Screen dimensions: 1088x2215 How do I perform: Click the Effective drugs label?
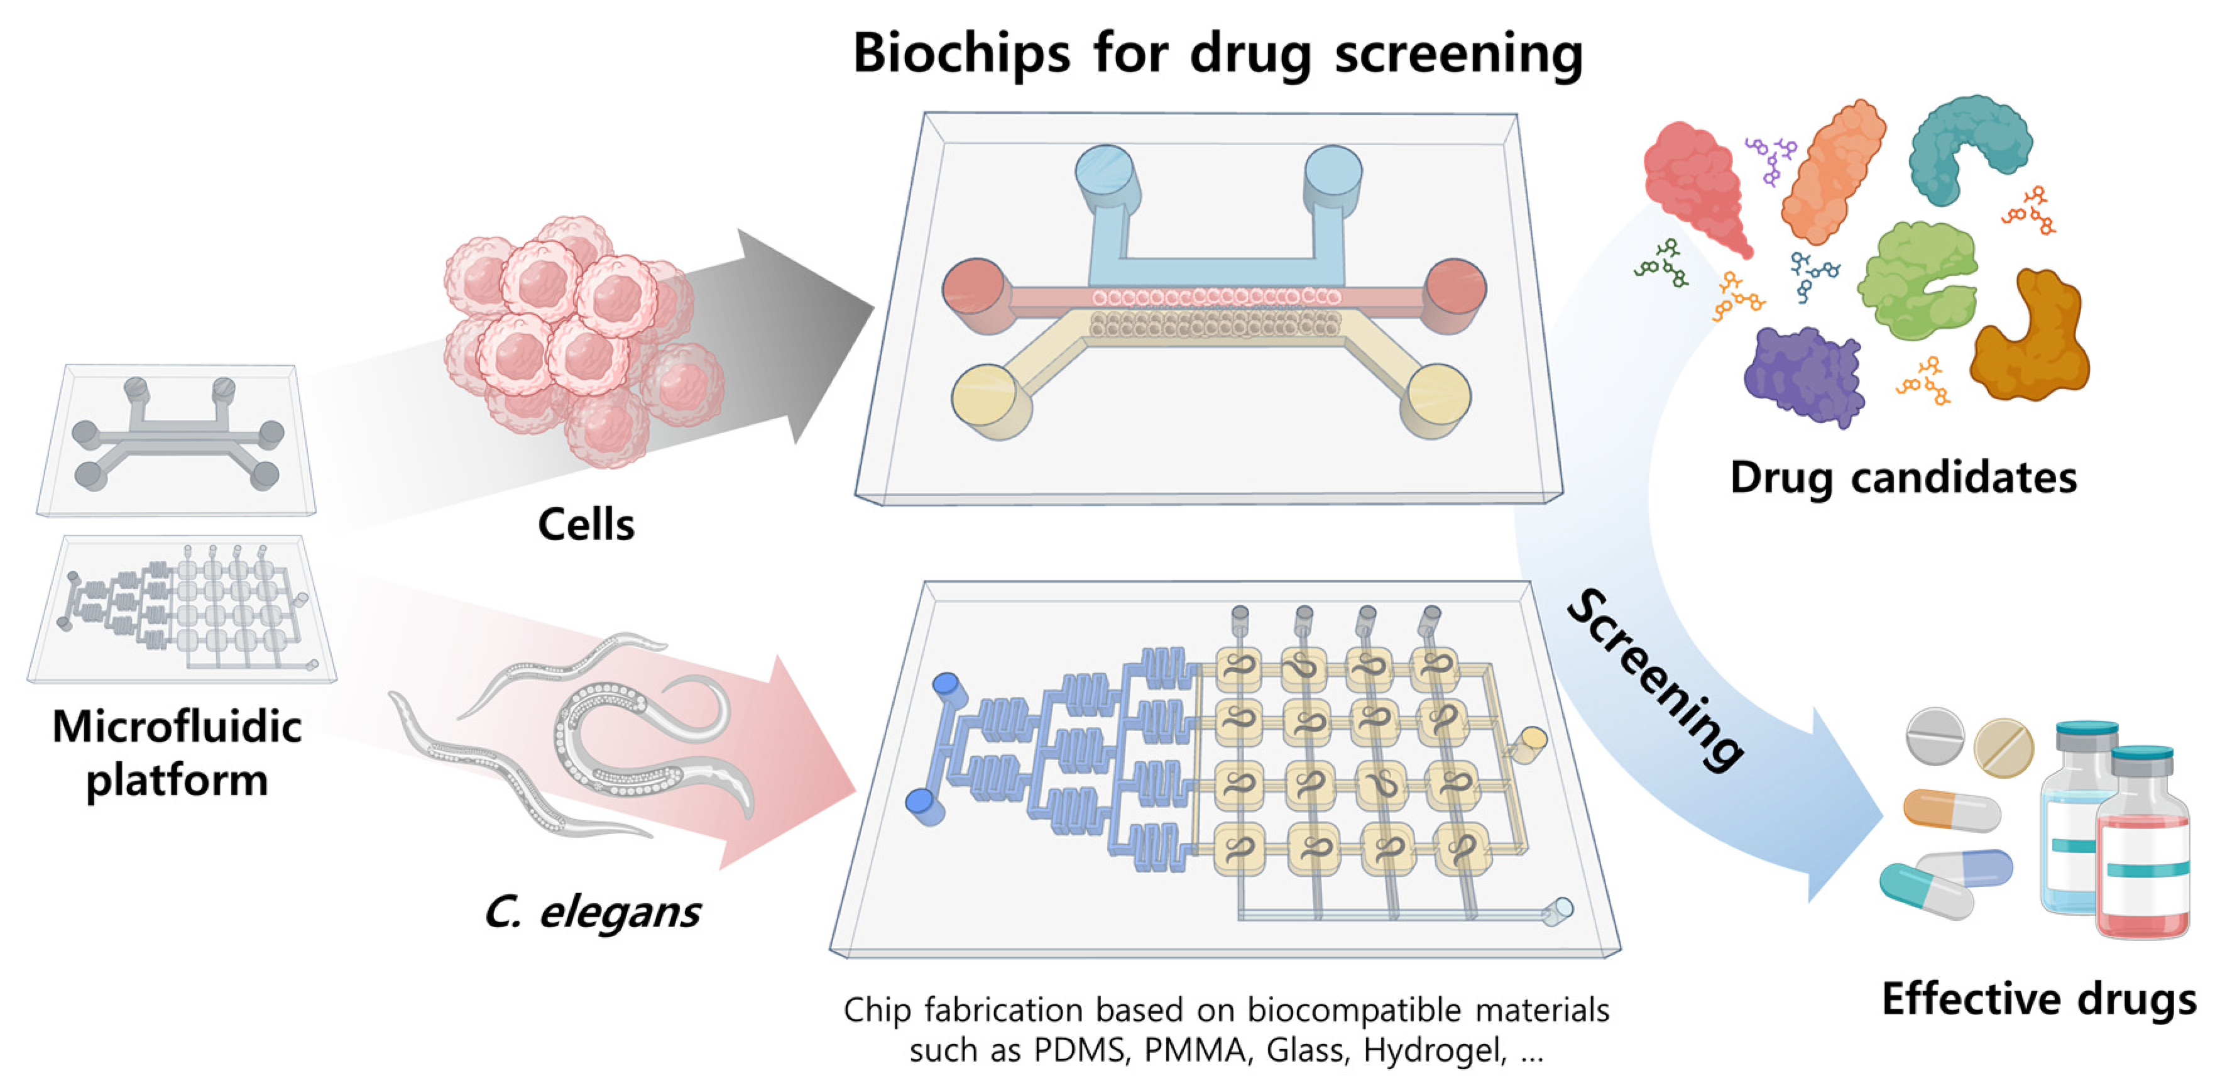pos(2038,999)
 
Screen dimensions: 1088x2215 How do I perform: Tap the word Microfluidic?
pos(177,727)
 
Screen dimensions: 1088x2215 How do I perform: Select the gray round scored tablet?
pos(1935,736)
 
